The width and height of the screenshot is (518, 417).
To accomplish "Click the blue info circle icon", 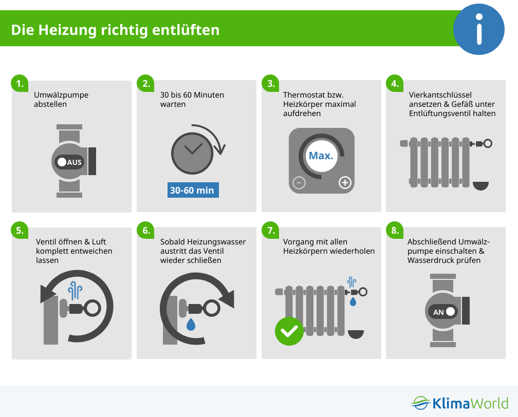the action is [x=479, y=29].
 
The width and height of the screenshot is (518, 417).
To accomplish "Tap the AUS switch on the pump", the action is [x=69, y=162].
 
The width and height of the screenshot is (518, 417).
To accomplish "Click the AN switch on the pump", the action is [x=442, y=312].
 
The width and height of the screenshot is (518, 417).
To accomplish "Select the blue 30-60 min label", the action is [x=193, y=190].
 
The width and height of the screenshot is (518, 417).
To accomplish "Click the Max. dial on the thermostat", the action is [x=321, y=156].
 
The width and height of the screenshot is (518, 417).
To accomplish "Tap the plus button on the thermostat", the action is [x=345, y=182].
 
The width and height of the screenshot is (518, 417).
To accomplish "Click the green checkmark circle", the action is [x=289, y=331].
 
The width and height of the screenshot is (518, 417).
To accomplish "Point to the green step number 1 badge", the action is [x=20, y=84].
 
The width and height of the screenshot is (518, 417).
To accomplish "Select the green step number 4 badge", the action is [x=395, y=84].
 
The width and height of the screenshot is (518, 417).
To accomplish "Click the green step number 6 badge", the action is [x=146, y=230].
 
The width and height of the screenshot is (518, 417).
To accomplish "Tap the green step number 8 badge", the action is [x=395, y=230].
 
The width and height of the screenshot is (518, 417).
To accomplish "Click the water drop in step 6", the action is [x=191, y=324].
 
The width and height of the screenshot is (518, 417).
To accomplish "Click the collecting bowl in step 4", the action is [x=480, y=185].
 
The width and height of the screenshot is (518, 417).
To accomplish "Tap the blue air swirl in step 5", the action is [x=75, y=291].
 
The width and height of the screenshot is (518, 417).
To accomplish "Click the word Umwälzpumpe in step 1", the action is [x=61, y=95].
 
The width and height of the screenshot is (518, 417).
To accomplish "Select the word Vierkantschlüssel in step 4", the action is [x=440, y=95].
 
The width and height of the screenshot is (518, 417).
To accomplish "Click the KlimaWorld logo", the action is [x=459, y=403].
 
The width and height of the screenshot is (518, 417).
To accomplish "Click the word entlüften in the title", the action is [x=186, y=30].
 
